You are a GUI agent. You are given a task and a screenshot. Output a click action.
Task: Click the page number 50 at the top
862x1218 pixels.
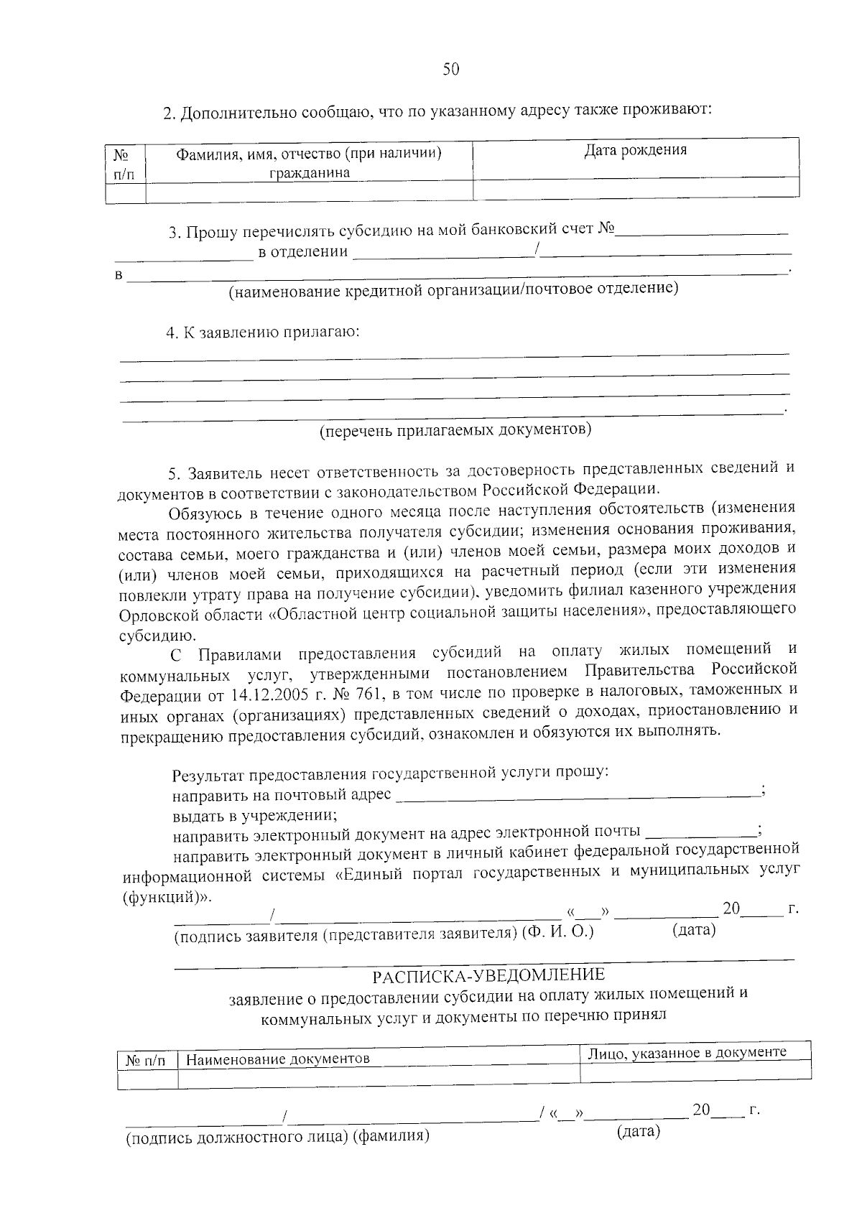(450, 69)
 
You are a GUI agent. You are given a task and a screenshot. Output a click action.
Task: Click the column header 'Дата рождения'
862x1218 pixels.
(635, 150)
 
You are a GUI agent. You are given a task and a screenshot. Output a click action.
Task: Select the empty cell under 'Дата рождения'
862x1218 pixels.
(636, 188)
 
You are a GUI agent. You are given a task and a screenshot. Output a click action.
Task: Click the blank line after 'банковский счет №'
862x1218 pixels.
(703, 231)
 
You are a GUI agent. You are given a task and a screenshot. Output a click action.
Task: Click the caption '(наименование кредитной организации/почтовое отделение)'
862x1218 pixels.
(453, 289)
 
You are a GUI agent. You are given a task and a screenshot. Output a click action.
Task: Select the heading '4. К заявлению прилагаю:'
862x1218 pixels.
(263, 333)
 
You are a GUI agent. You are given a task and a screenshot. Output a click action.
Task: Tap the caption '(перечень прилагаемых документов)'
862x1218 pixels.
(455, 430)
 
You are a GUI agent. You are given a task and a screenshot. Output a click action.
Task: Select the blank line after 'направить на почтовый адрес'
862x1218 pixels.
(578, 794)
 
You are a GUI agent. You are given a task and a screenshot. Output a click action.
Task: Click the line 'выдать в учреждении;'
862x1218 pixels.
(255, 815)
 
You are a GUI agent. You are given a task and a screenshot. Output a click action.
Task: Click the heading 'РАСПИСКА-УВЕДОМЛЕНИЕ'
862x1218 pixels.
(488, 975)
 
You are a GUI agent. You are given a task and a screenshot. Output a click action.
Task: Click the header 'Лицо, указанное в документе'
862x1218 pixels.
(687, 1052)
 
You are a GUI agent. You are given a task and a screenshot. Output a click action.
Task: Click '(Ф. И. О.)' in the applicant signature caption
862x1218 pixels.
(558, 932)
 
